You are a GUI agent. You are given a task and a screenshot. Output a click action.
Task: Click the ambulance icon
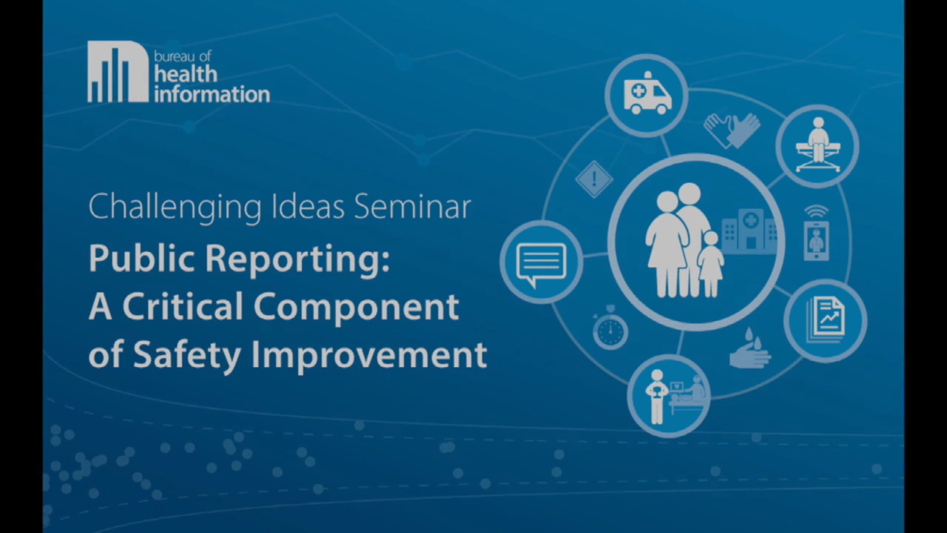[x=648, y=94]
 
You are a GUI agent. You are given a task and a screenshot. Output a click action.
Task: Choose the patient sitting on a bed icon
[x=818, y=145]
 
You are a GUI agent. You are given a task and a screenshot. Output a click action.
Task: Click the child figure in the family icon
[x=711, y=264]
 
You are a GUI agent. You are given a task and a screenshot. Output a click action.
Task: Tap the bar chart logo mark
[x=118, y=71]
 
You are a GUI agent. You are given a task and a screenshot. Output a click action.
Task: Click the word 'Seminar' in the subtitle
[x=412, y=207]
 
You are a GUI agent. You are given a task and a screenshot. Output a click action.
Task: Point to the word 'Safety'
[x=187, y=356]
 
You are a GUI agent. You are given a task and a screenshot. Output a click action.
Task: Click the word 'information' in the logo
[x=212, y=94]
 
